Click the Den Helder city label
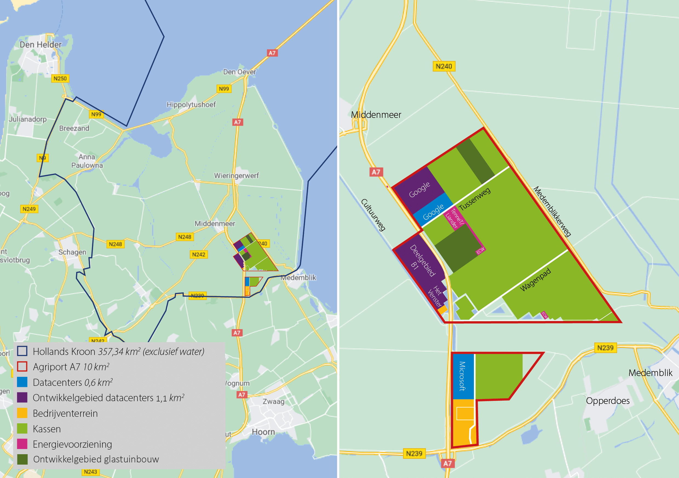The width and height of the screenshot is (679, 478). [x=41, y=45]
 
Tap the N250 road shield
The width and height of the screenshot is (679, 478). [x=60, y=78]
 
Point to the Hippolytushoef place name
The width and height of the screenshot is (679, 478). [x=191, y=104]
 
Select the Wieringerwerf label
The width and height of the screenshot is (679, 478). [x=236, y=176]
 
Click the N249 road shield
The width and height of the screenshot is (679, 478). [x=29, y=209]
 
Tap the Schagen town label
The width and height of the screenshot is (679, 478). [x=72, y=252]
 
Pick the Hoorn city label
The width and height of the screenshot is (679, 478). [x=263, y=432]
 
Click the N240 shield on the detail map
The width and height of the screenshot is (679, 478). [x=444, y=66]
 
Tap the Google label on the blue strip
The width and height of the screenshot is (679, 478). [x=433, y=212]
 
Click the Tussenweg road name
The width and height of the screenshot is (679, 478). [x=475, y=199]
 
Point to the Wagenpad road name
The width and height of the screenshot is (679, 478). [x=535, y=279]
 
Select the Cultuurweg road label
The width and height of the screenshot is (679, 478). [x=373, y=214]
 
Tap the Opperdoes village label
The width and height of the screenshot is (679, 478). [x=608, y=401]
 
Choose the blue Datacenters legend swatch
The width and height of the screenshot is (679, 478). [x=22, y=382]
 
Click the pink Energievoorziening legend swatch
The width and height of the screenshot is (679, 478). [x=22, y=444]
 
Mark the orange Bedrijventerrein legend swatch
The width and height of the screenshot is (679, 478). [x=22, y=413]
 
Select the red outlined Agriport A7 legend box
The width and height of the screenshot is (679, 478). [x=22, y=367]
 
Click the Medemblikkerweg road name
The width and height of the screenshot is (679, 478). [x=552, y=212]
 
